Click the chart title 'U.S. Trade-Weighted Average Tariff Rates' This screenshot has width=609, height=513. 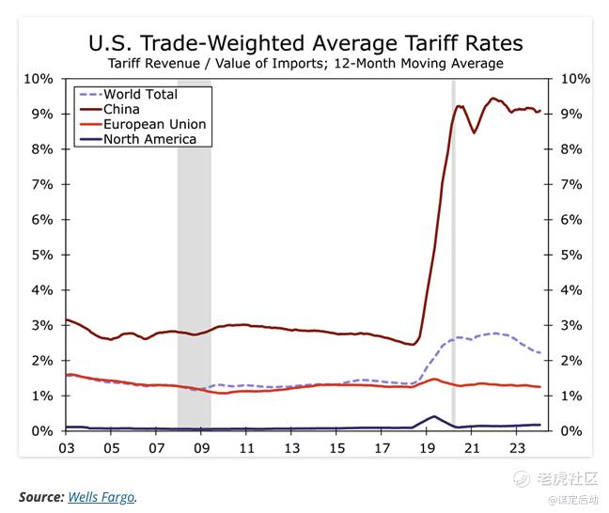coord(305,43)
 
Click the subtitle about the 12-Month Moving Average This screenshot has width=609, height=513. coord(305,64)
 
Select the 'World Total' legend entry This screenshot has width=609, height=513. coord(140,94)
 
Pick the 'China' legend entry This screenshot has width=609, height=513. coord(121,109)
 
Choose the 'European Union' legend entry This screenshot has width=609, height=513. coord(154,124)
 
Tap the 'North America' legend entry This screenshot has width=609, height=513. coord(149,139)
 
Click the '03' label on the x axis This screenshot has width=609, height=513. coord(67,448)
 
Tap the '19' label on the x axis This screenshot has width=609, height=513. coord(428,448)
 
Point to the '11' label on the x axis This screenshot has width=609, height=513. coord(247,448)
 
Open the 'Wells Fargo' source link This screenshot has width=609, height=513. coord(101,496)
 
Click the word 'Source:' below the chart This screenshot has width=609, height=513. coord(40,496)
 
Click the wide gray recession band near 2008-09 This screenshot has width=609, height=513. coord(194,254)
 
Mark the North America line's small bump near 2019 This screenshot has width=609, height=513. coord(433,416)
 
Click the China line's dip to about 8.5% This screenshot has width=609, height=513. coord(475,132)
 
